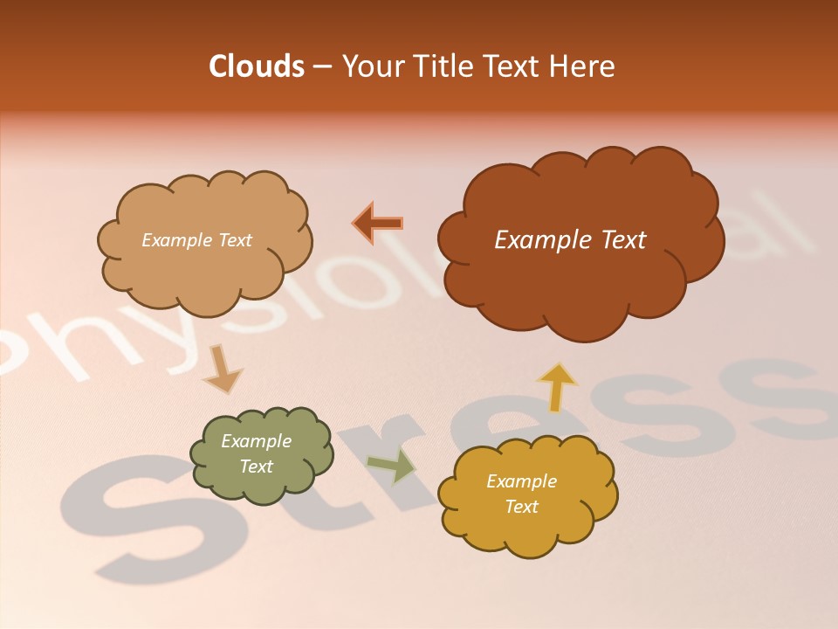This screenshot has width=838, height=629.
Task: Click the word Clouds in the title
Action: (257, 66)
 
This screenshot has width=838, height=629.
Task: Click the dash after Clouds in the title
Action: (320, 67)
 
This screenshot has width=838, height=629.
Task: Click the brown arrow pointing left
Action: (379, 223)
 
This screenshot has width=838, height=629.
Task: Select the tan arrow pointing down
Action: (222, 370)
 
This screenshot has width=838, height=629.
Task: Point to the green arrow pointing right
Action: (393, 465)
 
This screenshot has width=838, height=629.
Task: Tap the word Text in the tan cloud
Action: (233, 240)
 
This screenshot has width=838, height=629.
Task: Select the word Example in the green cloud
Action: (256, 441)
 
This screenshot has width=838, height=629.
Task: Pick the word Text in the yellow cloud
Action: (521, 507)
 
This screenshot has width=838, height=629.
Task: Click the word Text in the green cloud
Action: (256, 467)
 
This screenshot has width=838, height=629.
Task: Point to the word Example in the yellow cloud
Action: (521, 481)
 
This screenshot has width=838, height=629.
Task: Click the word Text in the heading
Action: (517, 66)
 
